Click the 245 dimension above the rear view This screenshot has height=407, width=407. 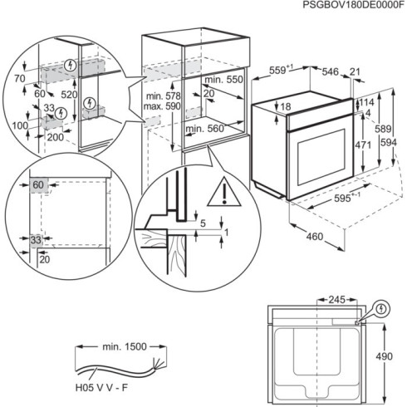(x=336, y=299)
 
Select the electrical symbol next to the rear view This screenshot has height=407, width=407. (x=381, y=307)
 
